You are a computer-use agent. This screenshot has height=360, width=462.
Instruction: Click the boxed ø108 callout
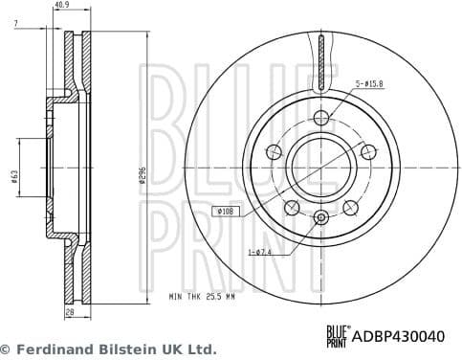pos(227,211)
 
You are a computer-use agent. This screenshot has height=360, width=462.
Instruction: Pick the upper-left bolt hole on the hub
pos(275,151)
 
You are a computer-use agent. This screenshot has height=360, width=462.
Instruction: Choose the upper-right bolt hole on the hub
pos(365,151)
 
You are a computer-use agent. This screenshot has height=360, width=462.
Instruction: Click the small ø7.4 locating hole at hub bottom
pos(320,216)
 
